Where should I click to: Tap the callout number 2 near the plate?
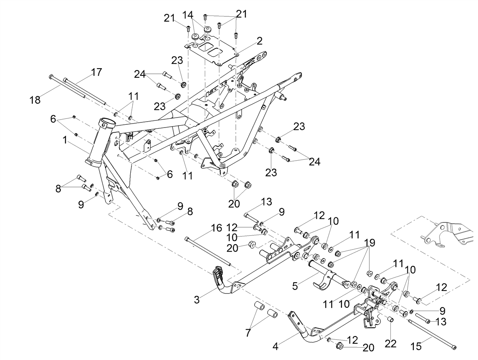(x=259, y=41)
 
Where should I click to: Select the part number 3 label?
(x=197, y=300)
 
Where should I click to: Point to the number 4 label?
(x=276, y=346)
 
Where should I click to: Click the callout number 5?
(x=295, y=286)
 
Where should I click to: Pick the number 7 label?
(x=248, y=332)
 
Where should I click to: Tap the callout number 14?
(x=188, y=15)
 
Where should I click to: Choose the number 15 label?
(x=416, y=346)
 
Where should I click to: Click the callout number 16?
(x=216, y=228)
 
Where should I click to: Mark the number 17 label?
(x=96, y=72)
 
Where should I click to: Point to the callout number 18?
(x=35, y=100)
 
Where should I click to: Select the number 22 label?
(x=390, y=343)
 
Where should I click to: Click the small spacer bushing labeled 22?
(x=390, y=320)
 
